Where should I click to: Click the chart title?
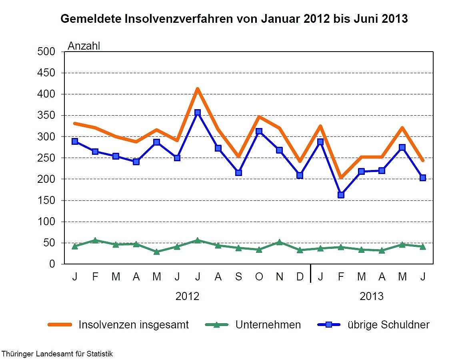tap(234, 19)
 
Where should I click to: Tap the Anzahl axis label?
tap(84, 46)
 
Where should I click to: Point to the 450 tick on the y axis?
tap(47, 73)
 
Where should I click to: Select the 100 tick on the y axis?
tap(47, 222)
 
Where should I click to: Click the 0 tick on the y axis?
tap(52, 264)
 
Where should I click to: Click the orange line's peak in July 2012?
tap(197, 89)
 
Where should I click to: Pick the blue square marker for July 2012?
tap(197, 113)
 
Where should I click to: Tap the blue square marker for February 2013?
tap(341, 195)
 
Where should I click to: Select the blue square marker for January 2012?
tap(74, 142)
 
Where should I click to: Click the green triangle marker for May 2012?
tap(156, 252)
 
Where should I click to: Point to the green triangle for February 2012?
tap(95, 240)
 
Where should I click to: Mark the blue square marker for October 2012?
tap(259, 131)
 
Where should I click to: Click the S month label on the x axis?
tap(238, 277)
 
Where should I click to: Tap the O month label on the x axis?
tap(259, 277)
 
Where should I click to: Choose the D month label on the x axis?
tap(300, 277)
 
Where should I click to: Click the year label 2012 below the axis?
tap(187, 296)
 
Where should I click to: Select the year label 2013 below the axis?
tap(371, 296)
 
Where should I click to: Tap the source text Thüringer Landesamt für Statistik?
tap(57, 354)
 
